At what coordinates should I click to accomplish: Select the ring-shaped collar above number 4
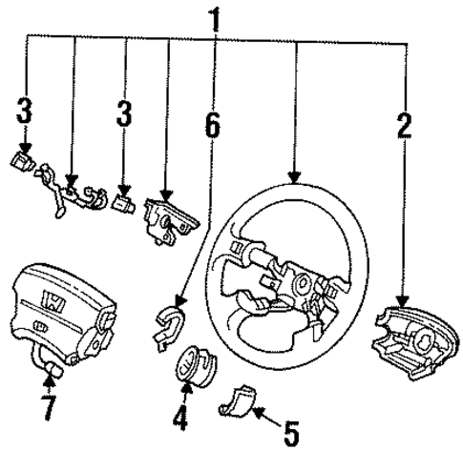click(x=196, y=367)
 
